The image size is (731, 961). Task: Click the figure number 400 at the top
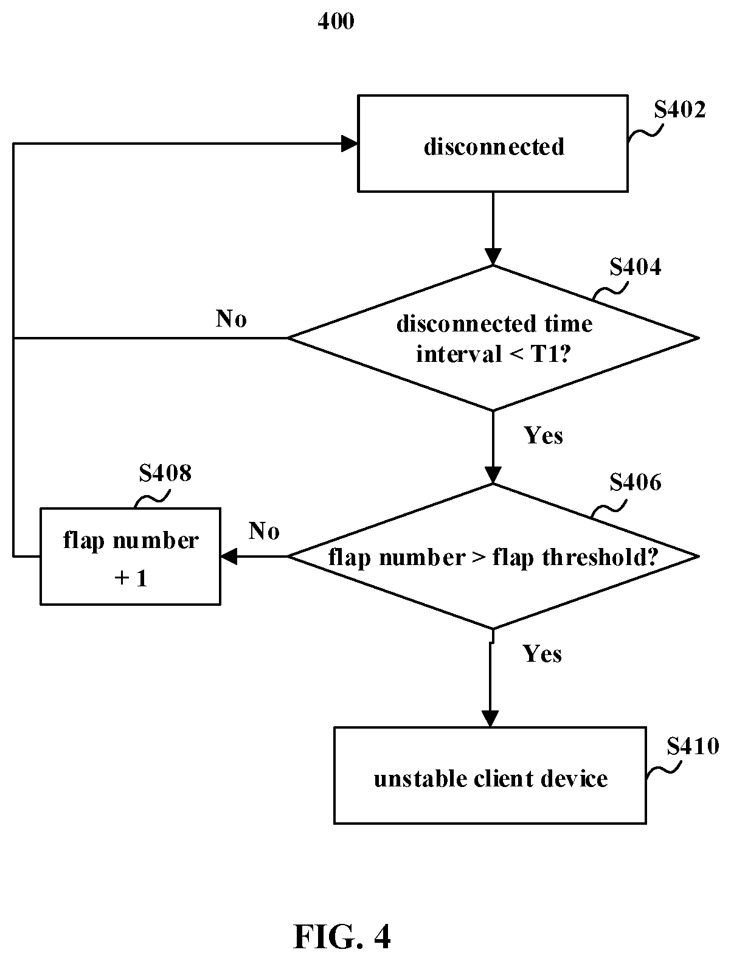click(x=336, y=21)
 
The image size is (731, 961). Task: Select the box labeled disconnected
click(x=493, y=144)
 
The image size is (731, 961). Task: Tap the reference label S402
click(x=680, y=109)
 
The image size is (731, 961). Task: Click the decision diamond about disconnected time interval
click(x=493, y=338)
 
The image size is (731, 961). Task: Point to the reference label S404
click(x=635, y=267)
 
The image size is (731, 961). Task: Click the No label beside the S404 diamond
click(x=231, y=319)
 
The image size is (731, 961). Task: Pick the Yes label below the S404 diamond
click(x=543, y=435)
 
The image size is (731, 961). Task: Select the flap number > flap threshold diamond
click(x=493, y=557)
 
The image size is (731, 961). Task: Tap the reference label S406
click(x=635, y=482)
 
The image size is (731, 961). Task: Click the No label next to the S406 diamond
click(x=264, y=532)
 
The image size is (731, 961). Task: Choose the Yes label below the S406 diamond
click(x=542, y=654)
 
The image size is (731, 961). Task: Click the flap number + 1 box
click(x=130, y=557)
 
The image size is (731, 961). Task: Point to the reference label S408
click(x=165, y=473)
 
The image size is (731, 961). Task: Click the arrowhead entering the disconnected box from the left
click(x=349, y=144)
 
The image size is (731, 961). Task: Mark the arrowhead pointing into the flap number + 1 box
click(x=229, y=557)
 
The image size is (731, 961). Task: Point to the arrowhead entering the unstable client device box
click(x=490, y=719)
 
